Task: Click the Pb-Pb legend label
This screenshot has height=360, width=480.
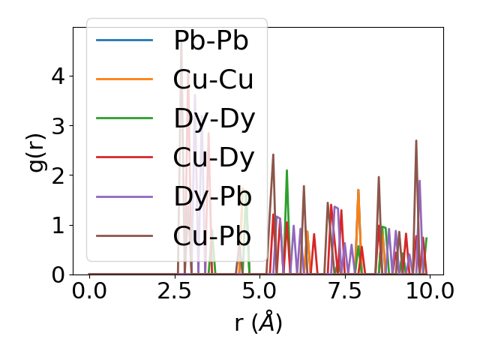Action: pos(211,40)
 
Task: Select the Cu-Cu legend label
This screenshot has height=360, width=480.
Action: pos(211,79)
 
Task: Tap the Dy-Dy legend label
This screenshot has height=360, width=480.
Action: pos(214,118)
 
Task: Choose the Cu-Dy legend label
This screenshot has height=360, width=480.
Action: pos(214,157)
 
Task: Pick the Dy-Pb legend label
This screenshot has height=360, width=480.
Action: pos(212,196)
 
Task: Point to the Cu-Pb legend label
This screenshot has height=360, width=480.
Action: pos(211,235)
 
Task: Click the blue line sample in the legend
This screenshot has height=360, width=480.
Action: pos(124,40)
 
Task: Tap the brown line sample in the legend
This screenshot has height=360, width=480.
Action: pos(124,235)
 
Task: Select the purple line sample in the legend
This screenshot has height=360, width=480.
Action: pos(124,196)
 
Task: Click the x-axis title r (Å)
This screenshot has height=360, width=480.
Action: pos(257,324)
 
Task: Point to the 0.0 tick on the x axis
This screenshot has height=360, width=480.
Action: pos(89,291)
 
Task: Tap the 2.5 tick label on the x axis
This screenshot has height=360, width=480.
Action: pos(174,291)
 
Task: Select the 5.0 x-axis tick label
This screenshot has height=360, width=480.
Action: pos(259,291)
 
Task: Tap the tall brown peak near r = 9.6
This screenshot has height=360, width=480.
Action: pos(416,141)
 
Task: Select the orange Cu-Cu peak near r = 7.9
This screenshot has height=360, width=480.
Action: pos(358,190)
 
